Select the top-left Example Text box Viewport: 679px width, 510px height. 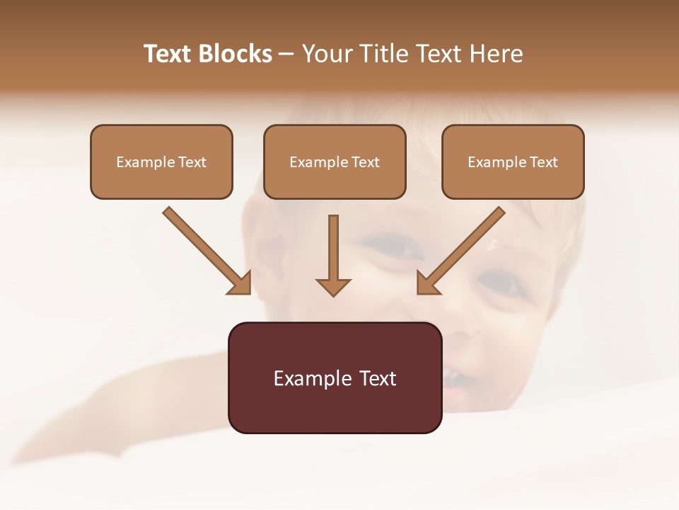(x=161, y=161)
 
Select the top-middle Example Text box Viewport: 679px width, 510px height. (x=335, y=161)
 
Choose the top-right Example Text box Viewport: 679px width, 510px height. (x=513, y=161)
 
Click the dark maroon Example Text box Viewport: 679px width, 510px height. (x=335, y=378)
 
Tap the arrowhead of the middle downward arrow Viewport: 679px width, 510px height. (x=333, y=286)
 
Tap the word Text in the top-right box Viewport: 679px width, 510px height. (x=544, y=162)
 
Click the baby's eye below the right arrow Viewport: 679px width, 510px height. (x=499, y=283)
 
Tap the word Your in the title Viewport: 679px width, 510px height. (x=326, y=54)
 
